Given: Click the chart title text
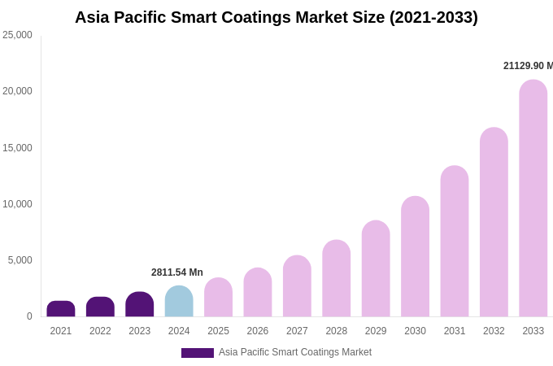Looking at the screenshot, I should point(276,17).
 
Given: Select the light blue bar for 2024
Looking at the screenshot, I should point(179,302).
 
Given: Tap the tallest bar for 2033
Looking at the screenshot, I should point(533,198).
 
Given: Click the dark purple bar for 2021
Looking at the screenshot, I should point(61,309).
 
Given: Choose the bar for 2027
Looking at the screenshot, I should point(297,286).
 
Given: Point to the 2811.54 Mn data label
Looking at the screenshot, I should point(177,272).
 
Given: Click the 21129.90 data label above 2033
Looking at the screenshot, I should point(527,66).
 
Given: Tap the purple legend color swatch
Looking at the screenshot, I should point(197,353).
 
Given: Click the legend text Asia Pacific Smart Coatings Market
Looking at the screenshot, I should point(294,352).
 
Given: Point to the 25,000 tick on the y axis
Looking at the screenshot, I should point(17,35).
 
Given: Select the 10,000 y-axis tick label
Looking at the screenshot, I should point(17,204).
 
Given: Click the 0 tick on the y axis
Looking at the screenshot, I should point(29,316).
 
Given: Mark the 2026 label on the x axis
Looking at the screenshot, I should point(258,331).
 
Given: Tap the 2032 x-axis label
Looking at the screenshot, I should point(494,331).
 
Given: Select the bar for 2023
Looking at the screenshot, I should point(140,305).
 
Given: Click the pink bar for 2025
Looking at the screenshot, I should point(218,298).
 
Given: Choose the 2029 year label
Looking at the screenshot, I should point(376,331).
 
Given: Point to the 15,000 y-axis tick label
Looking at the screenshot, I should point(17,148).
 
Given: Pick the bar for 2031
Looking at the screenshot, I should point(455,242).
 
